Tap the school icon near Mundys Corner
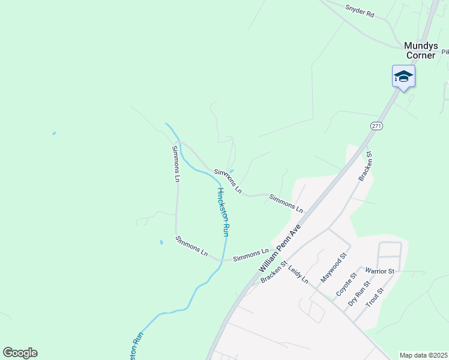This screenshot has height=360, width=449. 403,77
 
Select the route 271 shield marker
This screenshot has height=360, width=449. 376,125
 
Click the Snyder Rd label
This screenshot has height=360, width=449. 359,10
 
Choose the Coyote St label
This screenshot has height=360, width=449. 346,284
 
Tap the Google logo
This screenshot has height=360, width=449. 20,353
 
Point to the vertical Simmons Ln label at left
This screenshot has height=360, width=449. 176,163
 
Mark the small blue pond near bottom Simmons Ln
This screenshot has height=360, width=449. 161,242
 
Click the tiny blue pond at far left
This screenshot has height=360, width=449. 54,133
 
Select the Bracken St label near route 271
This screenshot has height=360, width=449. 365,166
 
